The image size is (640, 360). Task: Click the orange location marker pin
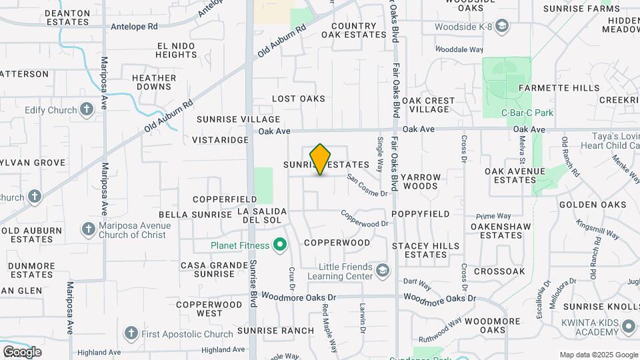pyautogui.click(x=321, y=159)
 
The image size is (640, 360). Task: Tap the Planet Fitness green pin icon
pyautogui.click(x=281, y=245)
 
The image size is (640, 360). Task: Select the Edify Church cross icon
pyautogui.click(x=86, y=109)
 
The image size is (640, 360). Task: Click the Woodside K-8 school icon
pyautogui.click(x=502, y=27)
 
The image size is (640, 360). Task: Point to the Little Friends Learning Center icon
pyautogui.click(x=383, y=270)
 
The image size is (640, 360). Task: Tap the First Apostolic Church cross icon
pyautogui.click(x=131, y=333)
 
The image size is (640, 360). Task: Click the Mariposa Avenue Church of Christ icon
pyautogui.click(x=88, y=229)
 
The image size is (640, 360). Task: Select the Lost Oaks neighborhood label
pyautogui.click(x=299, y=99)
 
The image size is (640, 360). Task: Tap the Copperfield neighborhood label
pyautogui.click(x=225, y=199)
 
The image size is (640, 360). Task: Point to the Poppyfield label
pyautogui.click(x=421, y=214)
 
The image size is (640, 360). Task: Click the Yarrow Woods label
pyautogui.click(x=421, y=182)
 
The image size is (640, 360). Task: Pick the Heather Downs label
pyautogui.click(x=154, y=83)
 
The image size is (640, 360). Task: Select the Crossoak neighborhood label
pyautogui.click(x=499, y=271)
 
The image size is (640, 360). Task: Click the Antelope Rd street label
pyautogui.click(x=135, y=27)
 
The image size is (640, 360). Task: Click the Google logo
pyautogui.click(x=22, y=352)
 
